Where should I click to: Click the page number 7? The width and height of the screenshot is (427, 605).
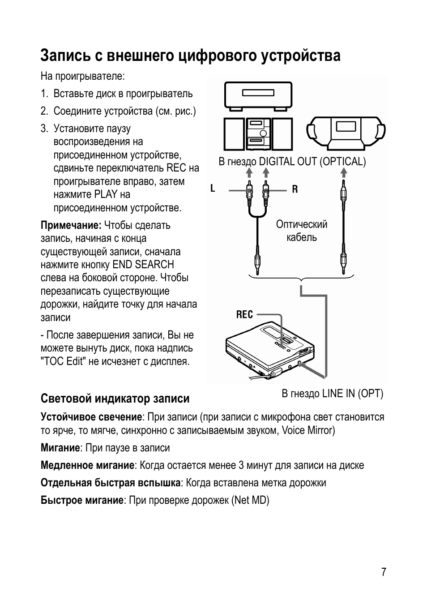point(383,572)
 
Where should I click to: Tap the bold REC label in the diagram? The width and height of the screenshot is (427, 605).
point(244,315)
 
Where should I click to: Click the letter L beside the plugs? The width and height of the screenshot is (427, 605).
point(213,189)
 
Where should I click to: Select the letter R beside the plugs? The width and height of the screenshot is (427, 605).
point(295,189)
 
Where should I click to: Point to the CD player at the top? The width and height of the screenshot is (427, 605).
point(258,95)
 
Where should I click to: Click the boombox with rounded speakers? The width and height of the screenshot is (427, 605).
point(346,133)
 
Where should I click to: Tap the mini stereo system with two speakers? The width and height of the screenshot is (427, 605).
point(257,133)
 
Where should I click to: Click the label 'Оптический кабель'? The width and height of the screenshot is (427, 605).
point(302,231)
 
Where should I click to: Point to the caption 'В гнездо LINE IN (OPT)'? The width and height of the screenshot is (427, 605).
point(332,393)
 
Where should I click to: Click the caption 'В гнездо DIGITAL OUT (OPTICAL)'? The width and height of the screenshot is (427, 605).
point(292,162)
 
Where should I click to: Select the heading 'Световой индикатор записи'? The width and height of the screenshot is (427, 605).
point(115,399)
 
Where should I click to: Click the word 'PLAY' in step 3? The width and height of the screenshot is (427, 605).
point(105,194)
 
